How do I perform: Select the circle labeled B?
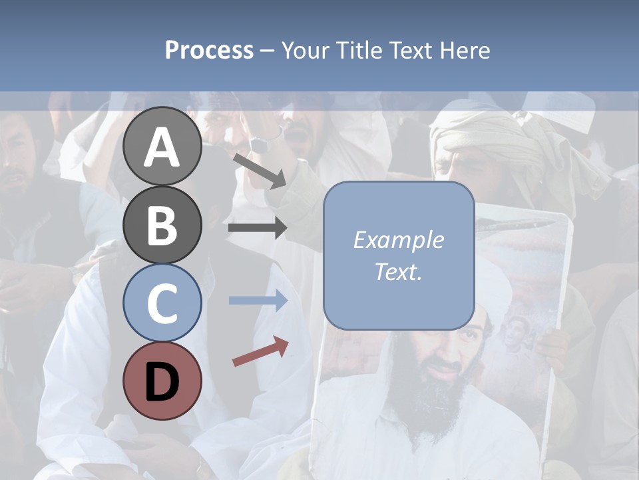[x=162, y=225]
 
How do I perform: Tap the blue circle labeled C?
[x=162, y=303]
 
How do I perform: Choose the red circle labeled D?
[x=162, y=381]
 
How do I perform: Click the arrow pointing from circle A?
[x=260, y=170]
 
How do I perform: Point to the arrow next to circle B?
[x=258, y=228]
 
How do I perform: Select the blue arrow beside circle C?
[x=258, y=301]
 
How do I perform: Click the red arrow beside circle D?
[x=260, y=351]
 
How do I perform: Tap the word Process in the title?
[x=209, y=50]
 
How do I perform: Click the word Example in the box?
[x=399, y=240]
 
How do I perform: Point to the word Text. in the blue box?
[x=399, y=271]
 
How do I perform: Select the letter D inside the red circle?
[x=162, y=381]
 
